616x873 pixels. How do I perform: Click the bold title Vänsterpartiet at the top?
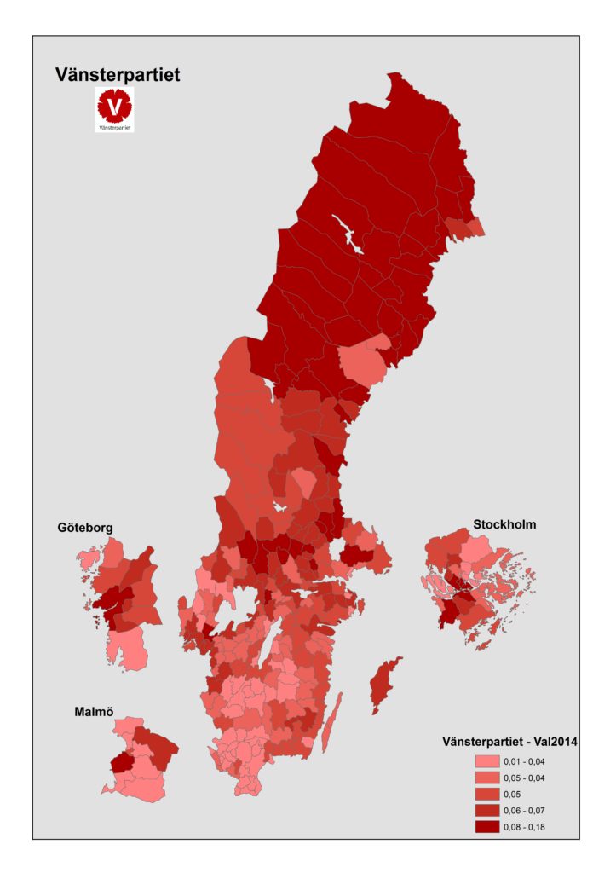pyautogui.click(x=118, y=74)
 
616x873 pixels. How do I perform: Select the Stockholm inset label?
pyautogui.click(x=505, y=524)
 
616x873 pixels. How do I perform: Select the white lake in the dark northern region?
pyautogui.click(x=350, y=236)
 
